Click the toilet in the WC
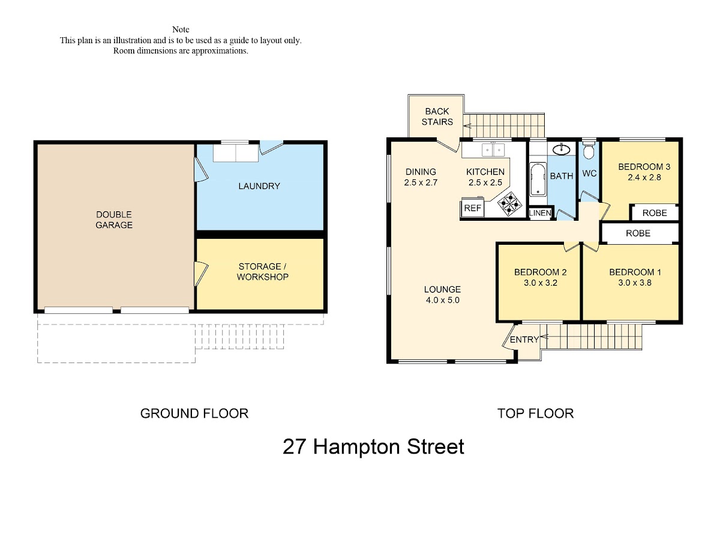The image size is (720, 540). click(589, 150)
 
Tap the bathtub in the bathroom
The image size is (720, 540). click(538, 179)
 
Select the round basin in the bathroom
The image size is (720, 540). click(561, 150)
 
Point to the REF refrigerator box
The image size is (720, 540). click(473, 208)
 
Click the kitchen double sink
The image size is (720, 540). click(493, 150)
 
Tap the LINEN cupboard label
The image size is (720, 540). click(540, 213)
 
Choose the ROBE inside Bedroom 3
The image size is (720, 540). click(655, 213)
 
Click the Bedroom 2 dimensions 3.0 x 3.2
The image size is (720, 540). click(540, 283)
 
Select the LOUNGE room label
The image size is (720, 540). click(442, 289)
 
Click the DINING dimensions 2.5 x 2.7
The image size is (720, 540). click(421, 182)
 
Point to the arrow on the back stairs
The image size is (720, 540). click(467, 125)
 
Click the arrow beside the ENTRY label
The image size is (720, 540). click(544, 337)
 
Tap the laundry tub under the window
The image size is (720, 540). click(236, 153)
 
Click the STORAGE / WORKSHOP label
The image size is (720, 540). click(262, 271)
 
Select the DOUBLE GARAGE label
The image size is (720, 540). click(114, 220)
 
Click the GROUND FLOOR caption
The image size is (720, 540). click(194, 413)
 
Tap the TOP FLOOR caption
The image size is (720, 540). click(535, 413)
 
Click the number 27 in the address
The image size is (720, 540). click(295, 446)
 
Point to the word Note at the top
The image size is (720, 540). click(181, 29)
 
